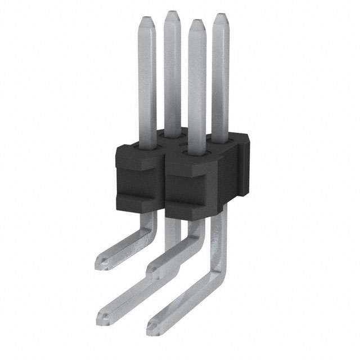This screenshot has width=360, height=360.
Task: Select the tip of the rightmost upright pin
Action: tap(221, 17)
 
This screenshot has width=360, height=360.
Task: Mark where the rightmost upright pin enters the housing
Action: tap(220, 137)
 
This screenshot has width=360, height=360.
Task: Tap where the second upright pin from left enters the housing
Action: tap(172, 135)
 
